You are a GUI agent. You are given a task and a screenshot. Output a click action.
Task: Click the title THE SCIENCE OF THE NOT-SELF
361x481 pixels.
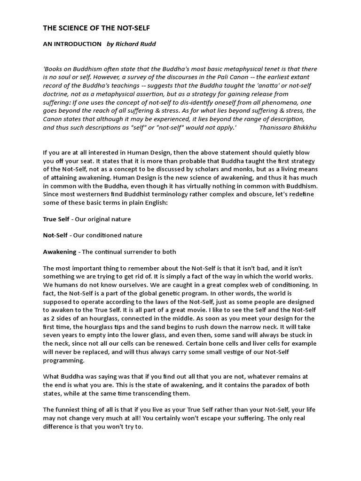(97, 28)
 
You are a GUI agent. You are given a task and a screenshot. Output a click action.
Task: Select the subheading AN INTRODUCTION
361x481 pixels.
(72, 44)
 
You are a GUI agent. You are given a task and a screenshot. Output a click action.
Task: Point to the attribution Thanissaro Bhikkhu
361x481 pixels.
(288, 127)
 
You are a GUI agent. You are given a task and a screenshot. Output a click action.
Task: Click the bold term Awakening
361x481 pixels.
(60, 252)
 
